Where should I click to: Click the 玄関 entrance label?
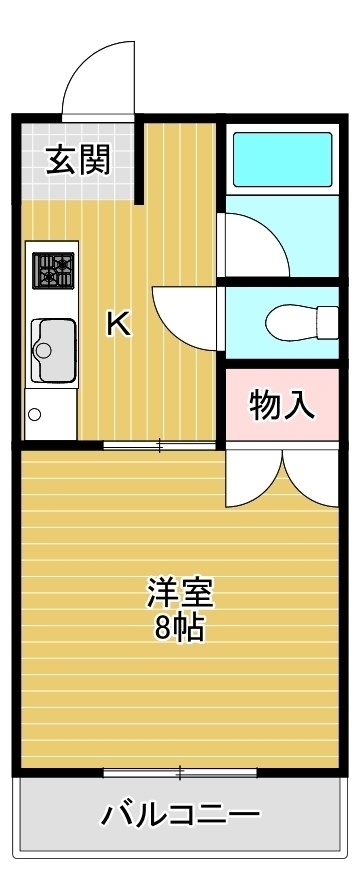coord(78,160)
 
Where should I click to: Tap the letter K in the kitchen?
coord(119,325)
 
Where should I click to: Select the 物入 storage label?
coord(282,405)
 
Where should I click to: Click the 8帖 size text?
coord(178,627)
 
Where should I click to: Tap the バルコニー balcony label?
coord(181,813)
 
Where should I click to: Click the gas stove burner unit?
coord(53,270)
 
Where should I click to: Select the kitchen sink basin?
coord(53,350)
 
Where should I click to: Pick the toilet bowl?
coord(302,322)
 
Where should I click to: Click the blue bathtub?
coord(282,159)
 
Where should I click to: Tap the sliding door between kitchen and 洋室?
coord(159,444)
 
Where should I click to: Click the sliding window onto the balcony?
coord(180,773)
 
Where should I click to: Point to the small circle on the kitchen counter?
coord(34,414)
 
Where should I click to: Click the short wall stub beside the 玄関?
coord(139,161)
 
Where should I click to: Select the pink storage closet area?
coord(282,404)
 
